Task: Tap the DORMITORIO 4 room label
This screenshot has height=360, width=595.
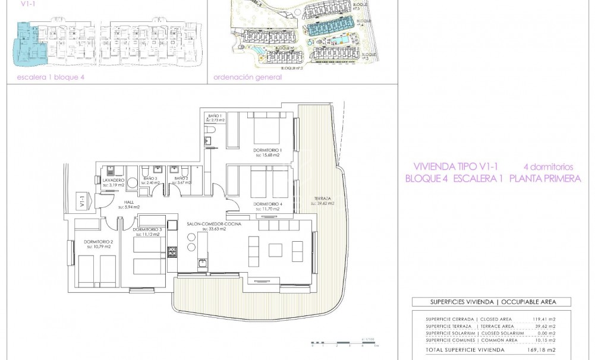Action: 267,204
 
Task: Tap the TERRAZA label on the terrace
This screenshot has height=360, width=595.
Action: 322,199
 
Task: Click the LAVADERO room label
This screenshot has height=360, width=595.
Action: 113,180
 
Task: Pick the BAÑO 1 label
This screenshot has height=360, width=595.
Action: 215,115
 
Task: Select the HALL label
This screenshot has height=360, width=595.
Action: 129,202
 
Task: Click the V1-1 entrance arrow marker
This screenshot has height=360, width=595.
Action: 83,202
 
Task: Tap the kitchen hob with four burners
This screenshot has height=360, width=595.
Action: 172,251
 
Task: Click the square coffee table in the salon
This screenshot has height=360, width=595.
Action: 275,250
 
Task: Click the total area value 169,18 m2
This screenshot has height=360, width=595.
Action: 544,350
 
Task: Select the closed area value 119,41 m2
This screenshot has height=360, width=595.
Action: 544,319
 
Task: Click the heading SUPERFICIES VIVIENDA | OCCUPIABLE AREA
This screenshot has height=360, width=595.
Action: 491,302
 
